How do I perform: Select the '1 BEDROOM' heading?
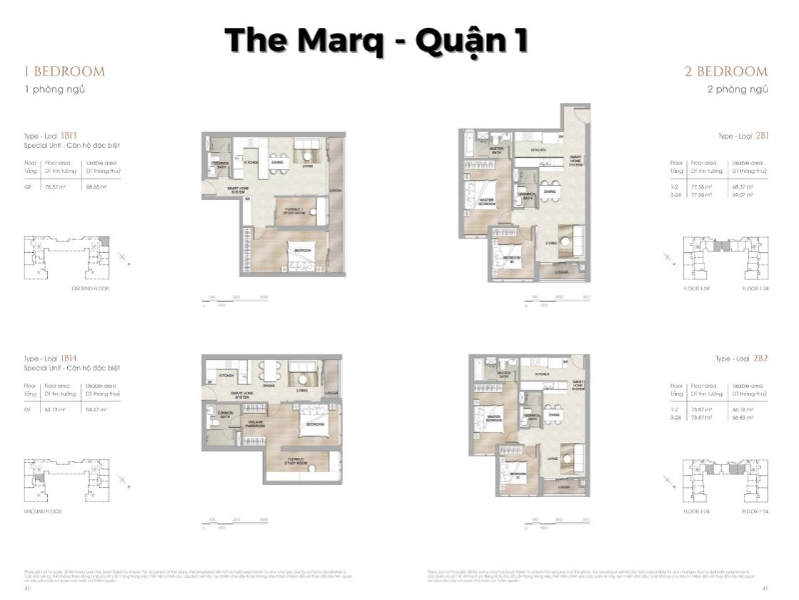(65, 72)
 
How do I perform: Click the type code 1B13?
(69, 133)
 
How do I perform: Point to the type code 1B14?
(69, 357)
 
